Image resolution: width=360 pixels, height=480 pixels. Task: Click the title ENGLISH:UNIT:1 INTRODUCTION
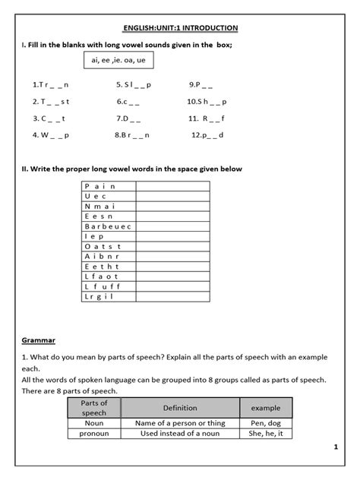click(x=180, y=28)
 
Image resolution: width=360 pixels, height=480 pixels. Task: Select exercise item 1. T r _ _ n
click(x=51, y=86)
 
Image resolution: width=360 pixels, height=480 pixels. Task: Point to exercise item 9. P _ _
click(x=203, y=86)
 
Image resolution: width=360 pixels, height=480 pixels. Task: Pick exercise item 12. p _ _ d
click(x=208, y=135)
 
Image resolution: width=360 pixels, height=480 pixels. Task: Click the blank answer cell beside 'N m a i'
click(x=173, y=206)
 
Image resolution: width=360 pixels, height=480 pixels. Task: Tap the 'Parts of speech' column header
click(x=95, y=408)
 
